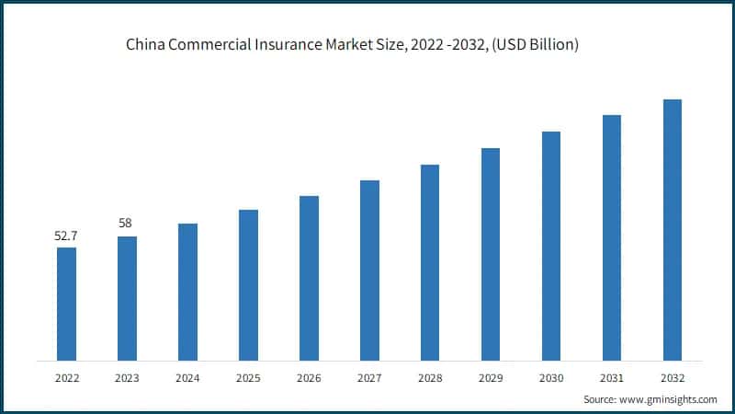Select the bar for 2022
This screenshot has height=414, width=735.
66,304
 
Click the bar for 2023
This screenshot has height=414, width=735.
127,298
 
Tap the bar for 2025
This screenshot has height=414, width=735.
248,284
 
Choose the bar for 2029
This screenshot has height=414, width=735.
491,254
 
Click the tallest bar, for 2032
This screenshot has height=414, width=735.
673,229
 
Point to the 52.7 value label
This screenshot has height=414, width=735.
66,236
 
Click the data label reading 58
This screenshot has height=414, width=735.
127,224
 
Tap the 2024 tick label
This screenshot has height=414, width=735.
187,377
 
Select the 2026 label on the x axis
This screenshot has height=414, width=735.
309,377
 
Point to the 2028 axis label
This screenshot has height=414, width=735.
430,377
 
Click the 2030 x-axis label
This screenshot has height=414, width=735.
551,377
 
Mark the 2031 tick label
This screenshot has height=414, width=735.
612,377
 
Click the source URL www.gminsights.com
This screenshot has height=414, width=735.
668,399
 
